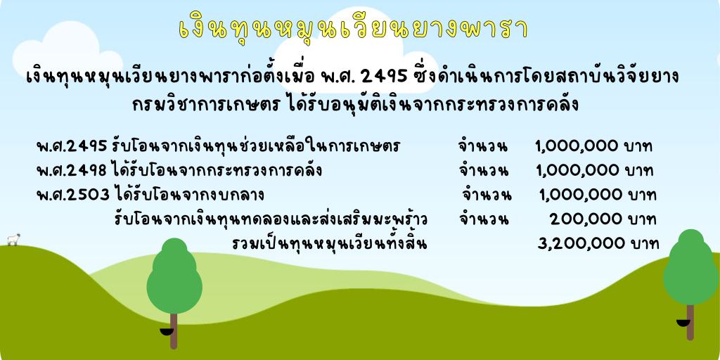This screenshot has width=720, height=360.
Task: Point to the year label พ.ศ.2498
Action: [72, 170]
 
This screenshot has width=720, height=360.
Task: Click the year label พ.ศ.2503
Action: [73, 195]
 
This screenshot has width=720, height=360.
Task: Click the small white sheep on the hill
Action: [13, 239]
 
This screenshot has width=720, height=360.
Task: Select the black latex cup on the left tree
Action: [166, 332]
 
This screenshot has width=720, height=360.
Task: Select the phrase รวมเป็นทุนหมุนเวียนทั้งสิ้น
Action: [329, 243]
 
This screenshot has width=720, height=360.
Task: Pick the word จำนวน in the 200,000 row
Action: [483, 219]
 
